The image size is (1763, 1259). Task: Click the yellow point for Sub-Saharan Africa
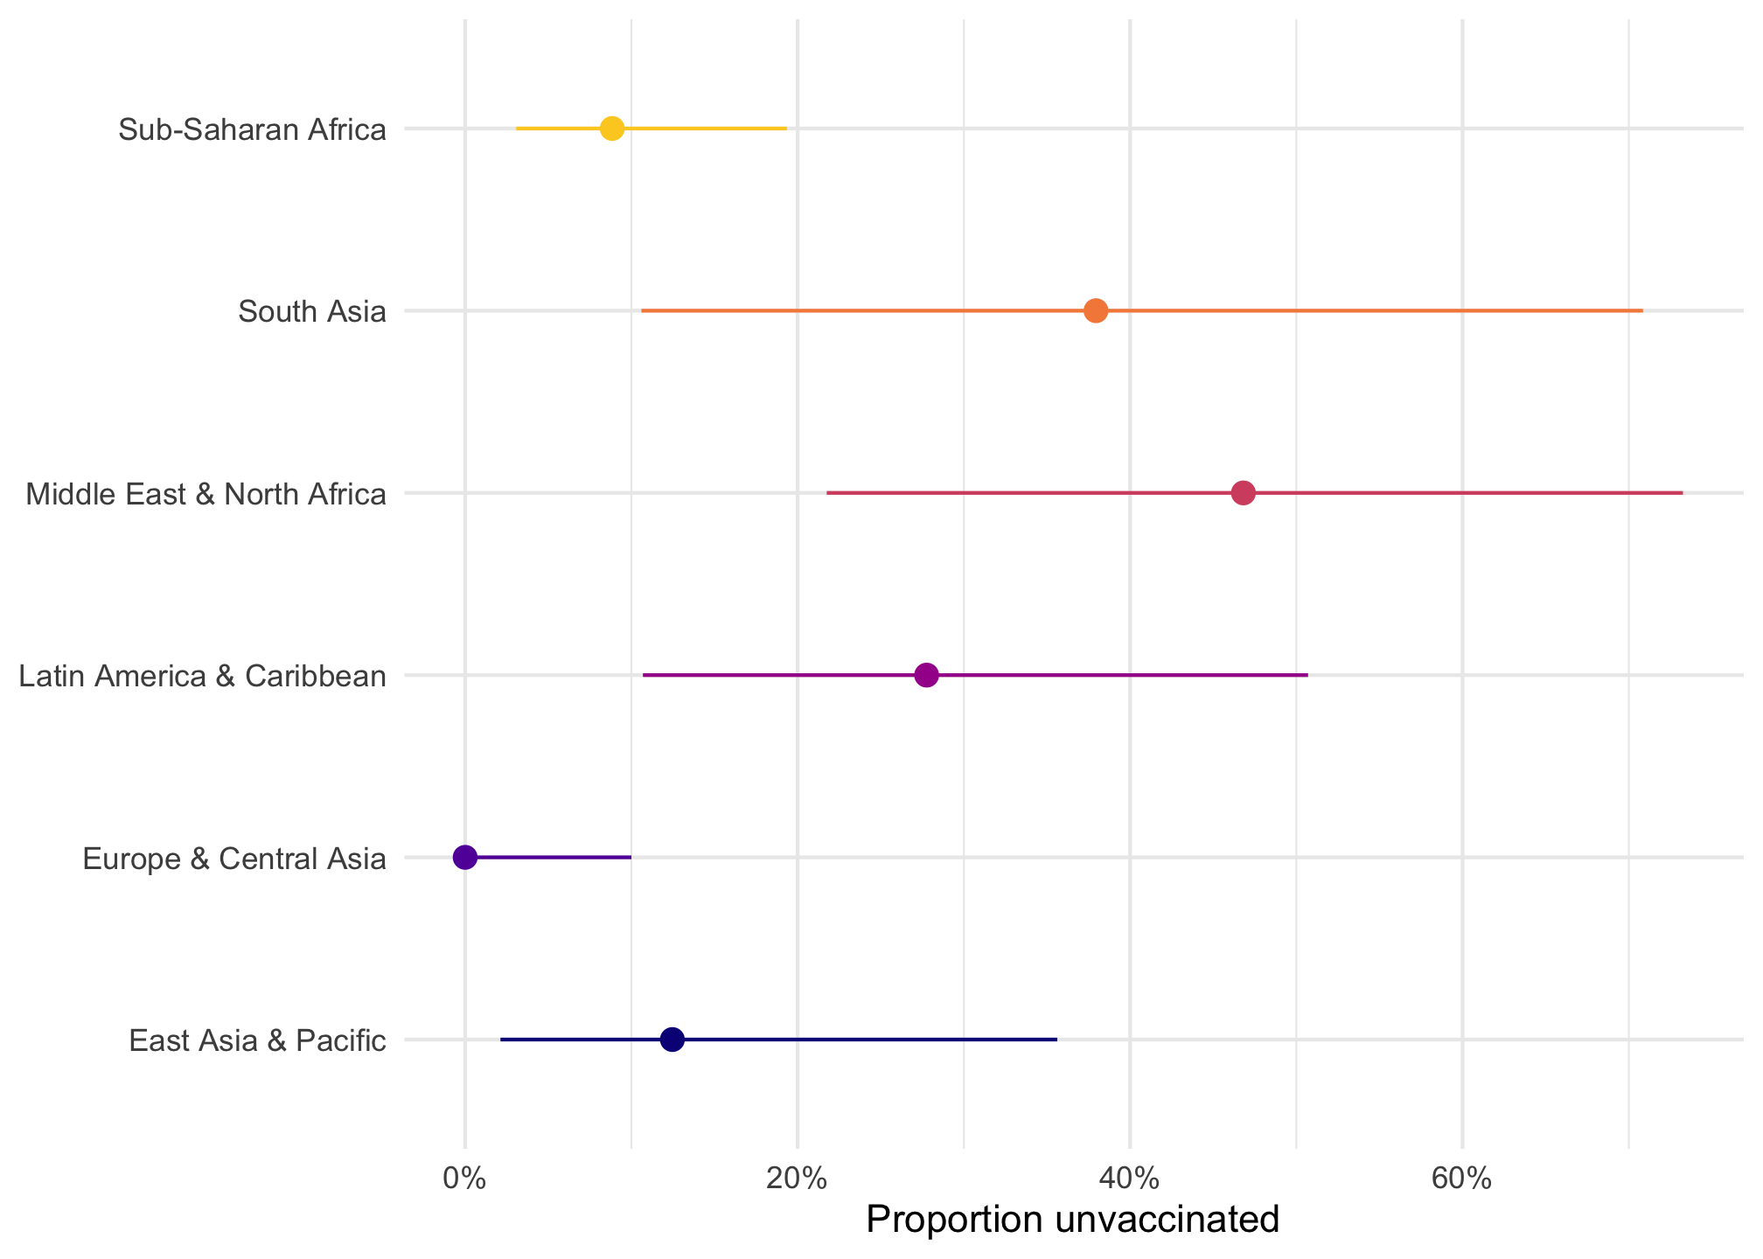point(612,129)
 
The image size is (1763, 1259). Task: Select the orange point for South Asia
point(1096,310)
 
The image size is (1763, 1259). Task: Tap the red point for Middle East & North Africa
point(1243,493)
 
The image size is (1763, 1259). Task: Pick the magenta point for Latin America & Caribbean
point(926,675)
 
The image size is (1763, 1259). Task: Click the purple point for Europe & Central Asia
point(465,858)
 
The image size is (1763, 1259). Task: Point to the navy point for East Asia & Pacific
point(672,1040)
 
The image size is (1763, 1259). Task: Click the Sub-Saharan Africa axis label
point(252,130)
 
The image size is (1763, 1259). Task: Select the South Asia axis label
point(312,312)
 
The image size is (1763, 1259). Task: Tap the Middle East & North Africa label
point(206,495)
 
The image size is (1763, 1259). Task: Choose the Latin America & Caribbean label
point(202,677)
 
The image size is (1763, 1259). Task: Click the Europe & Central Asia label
point(234,859)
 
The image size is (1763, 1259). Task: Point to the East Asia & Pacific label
point(257,1041)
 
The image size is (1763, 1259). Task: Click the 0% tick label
point(464,1178)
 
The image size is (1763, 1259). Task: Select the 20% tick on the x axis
point(797,1178)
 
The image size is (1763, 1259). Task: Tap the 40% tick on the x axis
point(1129,1178)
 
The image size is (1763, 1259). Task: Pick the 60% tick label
point(1461,1178)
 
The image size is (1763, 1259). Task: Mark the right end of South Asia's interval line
point(1641,310)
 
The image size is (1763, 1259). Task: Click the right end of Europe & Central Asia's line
point(630,858)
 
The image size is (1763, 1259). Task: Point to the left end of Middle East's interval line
point(828,493)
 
